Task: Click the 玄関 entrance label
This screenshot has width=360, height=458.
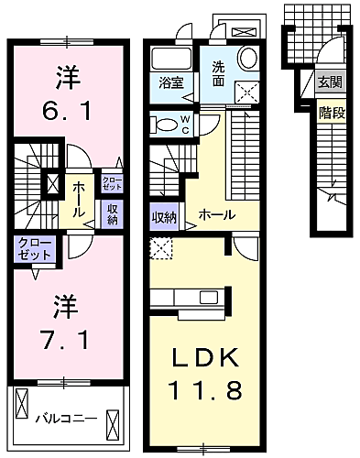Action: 331,82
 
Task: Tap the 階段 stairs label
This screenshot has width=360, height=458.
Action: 332,113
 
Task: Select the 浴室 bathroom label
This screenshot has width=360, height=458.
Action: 171,82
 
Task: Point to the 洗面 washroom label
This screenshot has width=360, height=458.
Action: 218,74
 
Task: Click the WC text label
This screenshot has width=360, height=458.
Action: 186,125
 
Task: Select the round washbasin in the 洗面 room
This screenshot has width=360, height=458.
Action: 247,58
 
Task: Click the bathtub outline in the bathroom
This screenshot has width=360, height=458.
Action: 171,59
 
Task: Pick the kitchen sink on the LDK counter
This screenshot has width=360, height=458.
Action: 209,297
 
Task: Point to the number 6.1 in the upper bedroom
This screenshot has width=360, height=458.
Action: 67,111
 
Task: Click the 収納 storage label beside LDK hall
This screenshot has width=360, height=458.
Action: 164,217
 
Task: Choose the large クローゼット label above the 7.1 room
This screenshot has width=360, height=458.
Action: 34,249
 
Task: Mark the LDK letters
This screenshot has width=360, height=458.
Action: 205,357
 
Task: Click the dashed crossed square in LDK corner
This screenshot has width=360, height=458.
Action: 161,248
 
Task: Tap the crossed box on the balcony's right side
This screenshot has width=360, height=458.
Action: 112,424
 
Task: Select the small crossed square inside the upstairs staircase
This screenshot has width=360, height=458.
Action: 52,183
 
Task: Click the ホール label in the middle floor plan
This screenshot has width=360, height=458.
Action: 217,215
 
